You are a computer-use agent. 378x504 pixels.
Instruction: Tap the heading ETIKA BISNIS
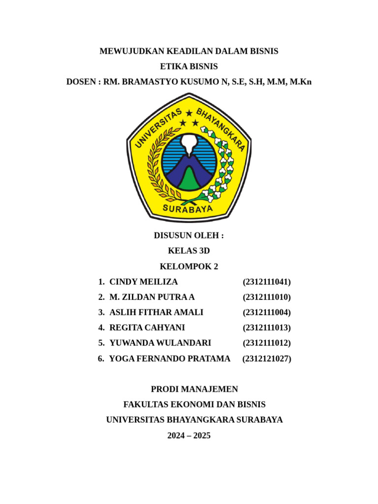[x=189, y=66]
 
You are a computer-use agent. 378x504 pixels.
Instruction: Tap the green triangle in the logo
[x=189, y=180]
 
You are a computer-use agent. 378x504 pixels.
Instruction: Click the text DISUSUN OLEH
[x=189, y=236]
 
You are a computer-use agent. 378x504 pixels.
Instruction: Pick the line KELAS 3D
[x=189, y=251]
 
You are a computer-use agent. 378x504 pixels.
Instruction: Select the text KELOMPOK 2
[x=189, y=267]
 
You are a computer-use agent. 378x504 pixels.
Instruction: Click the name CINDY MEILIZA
[x=143, y=282]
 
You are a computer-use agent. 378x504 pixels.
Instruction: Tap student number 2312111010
[x=267, y=297]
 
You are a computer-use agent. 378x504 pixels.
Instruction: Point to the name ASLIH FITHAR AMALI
[x=156, y=313]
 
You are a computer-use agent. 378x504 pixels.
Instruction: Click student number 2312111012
[x=267, y=343]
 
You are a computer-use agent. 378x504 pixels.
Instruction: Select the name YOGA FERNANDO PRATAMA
[x=169, y=359]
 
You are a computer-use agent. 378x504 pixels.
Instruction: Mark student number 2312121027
[x=267, y=359]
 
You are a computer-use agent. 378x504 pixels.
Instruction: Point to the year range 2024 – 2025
[x=189, y=435]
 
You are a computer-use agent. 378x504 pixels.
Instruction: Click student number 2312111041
[x=267, y=282]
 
